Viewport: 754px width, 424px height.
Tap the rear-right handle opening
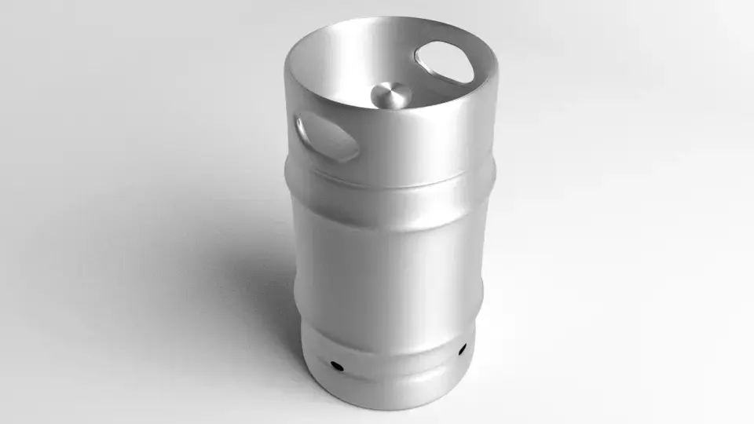[x=445, y=62]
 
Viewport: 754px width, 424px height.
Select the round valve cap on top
[x=390, y=96]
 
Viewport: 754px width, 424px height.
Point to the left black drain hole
[x=336, y=365]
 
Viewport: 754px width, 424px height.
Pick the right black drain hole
[x=461, y=348]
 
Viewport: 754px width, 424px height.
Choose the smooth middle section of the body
[x=389, y=251]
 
